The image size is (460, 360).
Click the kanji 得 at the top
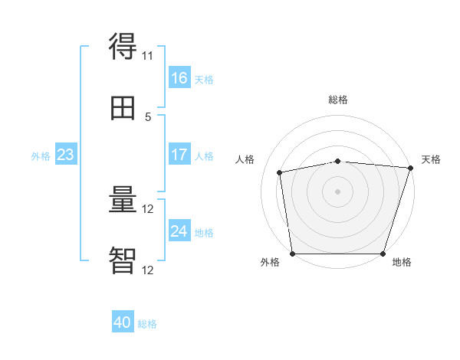[x=123, y=46]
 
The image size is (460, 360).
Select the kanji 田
[x=123, y=108]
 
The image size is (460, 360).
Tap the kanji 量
[x=123, y=199]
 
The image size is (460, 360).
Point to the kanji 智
[x=123, y=260]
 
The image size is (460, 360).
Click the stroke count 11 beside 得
[x=147, y=56]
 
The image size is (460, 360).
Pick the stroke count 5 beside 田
[x=148, y=117]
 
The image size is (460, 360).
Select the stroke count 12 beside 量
[x=147, y=209]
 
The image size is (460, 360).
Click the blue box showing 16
[x=179, y=77]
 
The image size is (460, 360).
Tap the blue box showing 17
[x=179, y=154]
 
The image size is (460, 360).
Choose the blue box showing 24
[x=179, y=230]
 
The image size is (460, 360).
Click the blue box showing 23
[x=66, y=154]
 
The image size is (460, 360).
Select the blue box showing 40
[x=123, y=321]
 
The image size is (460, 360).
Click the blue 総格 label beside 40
[x=147, y=324]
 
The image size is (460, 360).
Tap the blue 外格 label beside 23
[x=41, y=156]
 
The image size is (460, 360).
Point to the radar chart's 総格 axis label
[x=338, y=100]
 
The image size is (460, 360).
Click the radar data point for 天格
[x=411, y=168]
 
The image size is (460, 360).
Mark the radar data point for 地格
[x=383, y=254]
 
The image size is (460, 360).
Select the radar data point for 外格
[x=293, y=254]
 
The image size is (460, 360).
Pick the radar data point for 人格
[x=280, y=172]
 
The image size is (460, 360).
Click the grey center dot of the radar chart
[x=337, y=191]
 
